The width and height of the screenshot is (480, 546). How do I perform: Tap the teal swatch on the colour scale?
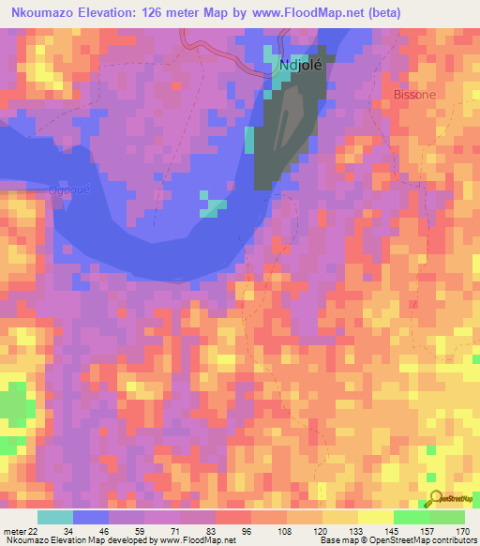tap(54, 517)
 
